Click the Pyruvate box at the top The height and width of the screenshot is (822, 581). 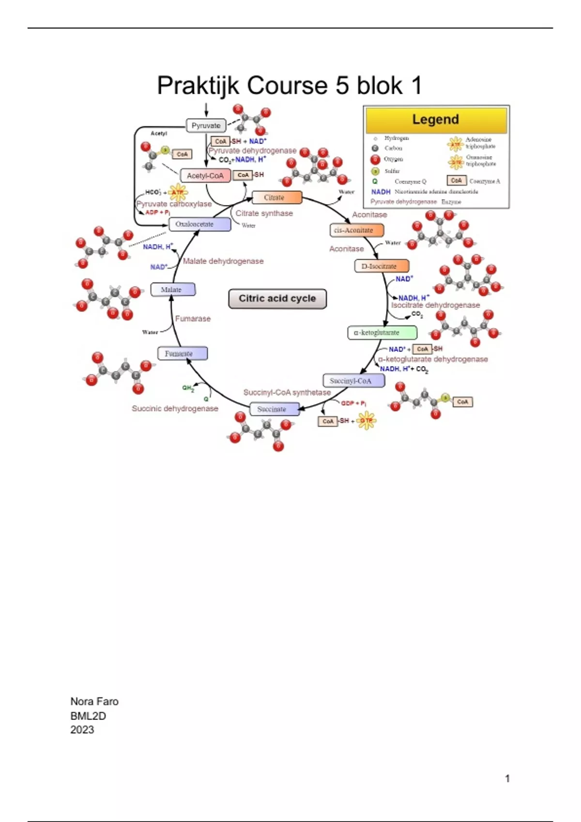[x=206, y=126]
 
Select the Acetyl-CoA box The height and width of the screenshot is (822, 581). [x=205, y=176]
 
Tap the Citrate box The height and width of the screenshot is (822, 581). [x=276, y=197]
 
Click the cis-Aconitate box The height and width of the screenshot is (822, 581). [x=356, y=230]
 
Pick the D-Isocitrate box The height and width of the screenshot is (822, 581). [x=382, y=266]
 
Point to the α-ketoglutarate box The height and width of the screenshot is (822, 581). [x=382, y=333]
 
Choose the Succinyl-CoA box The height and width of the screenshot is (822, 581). [x=353, y=381]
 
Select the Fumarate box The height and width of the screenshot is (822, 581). [x=182, y=353]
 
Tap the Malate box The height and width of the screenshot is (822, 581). [x=172, y=290]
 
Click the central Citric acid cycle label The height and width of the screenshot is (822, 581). [x=277, y=299]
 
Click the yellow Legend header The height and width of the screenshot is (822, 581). [x=436, y=119]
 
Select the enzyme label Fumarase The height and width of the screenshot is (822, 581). [x=193, y=319]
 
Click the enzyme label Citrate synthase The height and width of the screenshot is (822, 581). [x=264, y=213]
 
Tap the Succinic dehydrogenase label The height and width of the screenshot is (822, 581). [x=175, y=409]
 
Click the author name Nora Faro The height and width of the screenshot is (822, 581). [x=94, y=702]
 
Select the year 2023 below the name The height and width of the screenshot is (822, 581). [x=82, y=730]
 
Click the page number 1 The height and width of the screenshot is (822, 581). [x=507, y=778]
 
